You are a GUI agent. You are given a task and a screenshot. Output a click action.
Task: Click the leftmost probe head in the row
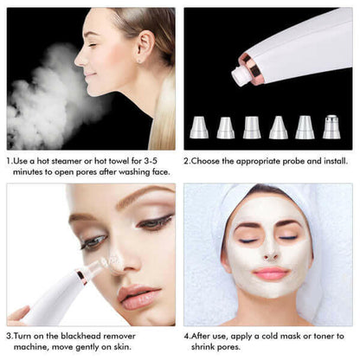199,127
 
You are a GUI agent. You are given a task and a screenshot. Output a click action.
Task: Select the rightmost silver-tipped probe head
331,126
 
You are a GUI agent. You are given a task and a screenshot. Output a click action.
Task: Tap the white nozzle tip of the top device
240,76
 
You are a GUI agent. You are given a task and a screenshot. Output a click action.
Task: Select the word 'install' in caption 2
330,161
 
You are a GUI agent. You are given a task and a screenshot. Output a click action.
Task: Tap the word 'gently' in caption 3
84,347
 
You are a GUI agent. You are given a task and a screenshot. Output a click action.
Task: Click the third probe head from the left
252,127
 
